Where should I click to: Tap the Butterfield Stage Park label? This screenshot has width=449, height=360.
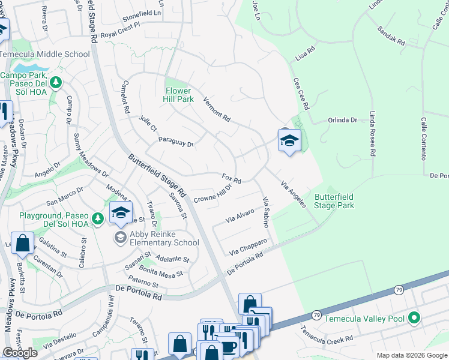coord(334,201)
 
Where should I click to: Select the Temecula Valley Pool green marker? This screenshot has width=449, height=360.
coord(414,318)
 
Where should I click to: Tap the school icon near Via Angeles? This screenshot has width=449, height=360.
coord(289,141)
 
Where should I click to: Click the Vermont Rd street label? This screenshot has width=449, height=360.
coord(217,109)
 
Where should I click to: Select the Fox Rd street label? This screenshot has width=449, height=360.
coord(231,179)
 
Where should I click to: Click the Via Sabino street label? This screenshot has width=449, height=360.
coord(265,211)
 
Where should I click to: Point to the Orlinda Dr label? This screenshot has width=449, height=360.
coord(342,120)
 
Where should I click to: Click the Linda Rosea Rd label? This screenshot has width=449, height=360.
coord(373,134)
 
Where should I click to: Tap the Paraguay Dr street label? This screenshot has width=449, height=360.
coord(176,142)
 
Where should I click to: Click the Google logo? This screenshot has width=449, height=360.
coord(20,353)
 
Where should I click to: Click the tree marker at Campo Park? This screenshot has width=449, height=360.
coord(56,82)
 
